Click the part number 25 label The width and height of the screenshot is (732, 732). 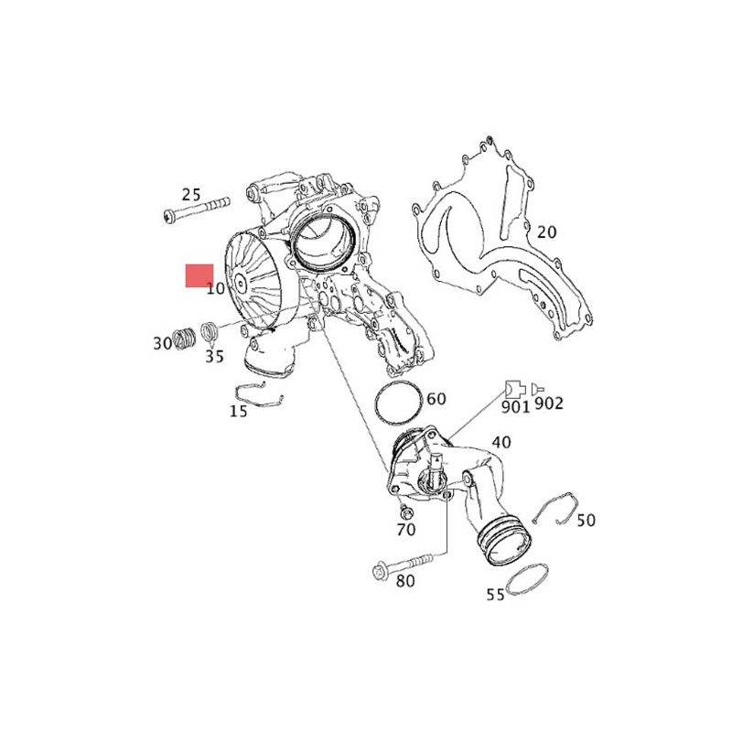[x=191, y=194]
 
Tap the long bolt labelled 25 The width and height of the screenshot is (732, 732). [x=197, y=210]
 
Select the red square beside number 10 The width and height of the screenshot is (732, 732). [x=199, y=275]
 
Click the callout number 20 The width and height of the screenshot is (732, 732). [x=546, y=232]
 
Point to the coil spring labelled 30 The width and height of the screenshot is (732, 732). [x=185, y=338]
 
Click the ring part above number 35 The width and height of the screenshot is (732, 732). [x=210, y=331]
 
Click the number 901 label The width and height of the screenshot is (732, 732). [x=515, y=406]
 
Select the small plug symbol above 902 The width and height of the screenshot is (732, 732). [x=538, y=388]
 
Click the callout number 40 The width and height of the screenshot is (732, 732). [x=501, y=442]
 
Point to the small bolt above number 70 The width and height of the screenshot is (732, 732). [x=406, y=511]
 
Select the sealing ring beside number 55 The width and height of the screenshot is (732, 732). [x=528, y=579]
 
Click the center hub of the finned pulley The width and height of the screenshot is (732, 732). [x=241, y=284]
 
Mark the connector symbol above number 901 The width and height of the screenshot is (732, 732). [x=515, y=388]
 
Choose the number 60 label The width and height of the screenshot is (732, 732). [x=436, y=399]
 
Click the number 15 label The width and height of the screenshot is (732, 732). [x=238, y=411]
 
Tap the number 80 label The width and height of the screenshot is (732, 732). [x=405, y=581]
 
